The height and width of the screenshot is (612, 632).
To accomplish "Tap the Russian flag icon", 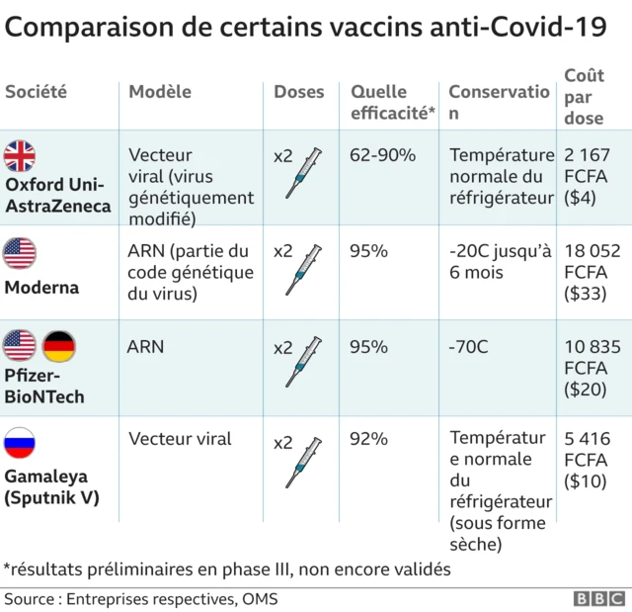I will click(x=20, y=442).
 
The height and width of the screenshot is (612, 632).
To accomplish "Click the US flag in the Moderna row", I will click(x=20, y=253).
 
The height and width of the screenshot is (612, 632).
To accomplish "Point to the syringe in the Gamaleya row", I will click(x=304, y=462).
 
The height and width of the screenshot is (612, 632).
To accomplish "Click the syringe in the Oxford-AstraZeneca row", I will click(x=304, y=171).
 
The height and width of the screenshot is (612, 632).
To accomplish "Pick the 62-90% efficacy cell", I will click(x=382, y=155).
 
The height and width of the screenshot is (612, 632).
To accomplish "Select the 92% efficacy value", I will click(x=368, y=438).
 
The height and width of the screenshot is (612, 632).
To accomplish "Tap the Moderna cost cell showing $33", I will click(x=587, y=272).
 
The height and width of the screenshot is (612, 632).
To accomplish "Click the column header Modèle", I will click(x=159, y=92).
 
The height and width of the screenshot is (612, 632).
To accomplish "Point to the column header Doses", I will click(x=298, y=92).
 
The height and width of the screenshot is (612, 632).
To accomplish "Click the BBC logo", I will click(x=598, y=599).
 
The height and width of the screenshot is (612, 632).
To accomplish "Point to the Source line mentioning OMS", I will click(x=141, y=599).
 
